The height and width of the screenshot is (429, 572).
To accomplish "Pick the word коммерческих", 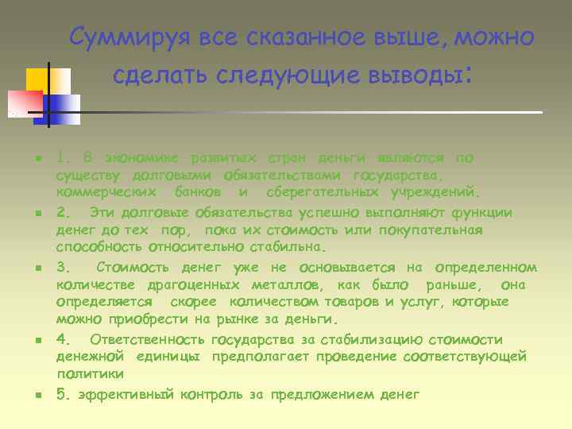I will (x=102, y=193).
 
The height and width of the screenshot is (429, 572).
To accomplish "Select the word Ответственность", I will (x=137, y=339).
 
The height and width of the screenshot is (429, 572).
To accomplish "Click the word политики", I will (x=90, y=373).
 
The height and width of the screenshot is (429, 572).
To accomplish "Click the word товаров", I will (x=353, y=302).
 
